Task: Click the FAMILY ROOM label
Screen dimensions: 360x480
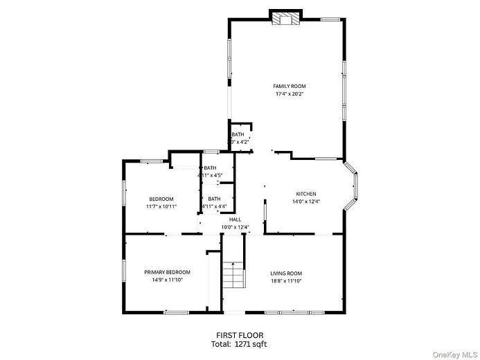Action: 289,86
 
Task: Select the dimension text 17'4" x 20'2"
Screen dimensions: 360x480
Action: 289,94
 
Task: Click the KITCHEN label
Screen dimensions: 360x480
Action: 306,194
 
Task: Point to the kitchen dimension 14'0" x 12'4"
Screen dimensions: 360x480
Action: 306,202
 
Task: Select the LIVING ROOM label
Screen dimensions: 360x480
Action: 286,273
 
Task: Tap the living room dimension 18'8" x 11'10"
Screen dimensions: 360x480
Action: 286,282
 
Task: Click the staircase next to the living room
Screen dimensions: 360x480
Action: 234,277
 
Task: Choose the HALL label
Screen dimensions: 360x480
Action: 235,219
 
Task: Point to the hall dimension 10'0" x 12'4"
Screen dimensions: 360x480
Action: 235,227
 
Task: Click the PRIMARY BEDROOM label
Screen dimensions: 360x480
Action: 167,272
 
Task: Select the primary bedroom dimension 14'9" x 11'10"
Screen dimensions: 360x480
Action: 167,281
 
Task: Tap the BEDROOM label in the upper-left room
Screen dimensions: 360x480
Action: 161,199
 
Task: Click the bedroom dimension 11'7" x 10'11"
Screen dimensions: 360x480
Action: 161,207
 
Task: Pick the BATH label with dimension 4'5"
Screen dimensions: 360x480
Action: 210,168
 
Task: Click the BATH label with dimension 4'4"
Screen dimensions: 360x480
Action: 214,199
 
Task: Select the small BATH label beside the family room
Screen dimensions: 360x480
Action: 238,134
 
